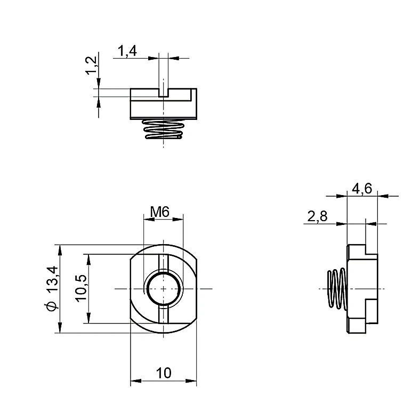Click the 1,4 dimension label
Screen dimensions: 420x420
click(127, 51)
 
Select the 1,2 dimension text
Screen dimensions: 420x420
click(91, 66)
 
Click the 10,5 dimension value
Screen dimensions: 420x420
click(81, 288)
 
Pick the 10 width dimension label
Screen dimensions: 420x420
click(164, 373)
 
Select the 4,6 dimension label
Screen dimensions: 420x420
click(362, 189)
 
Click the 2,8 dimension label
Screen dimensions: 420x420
click(317, 216)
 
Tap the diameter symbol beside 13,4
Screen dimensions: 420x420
click(51, 306)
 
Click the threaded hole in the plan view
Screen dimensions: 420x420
click(164, 289)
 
